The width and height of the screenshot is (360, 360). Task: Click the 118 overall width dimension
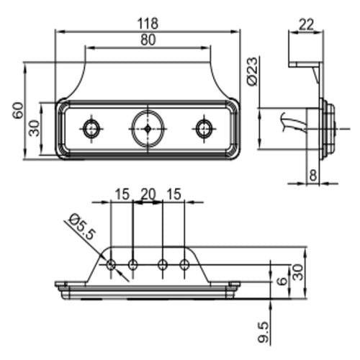148,23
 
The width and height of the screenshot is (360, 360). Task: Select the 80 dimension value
148,40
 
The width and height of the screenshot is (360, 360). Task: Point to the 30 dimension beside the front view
33,128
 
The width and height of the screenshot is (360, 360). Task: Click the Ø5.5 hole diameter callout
80,227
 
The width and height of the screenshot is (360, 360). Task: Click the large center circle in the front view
147,128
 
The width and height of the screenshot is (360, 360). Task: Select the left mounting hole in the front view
91,128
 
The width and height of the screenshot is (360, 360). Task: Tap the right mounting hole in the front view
204,128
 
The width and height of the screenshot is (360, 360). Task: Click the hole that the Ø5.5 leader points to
111,265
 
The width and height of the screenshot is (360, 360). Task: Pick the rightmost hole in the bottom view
185,265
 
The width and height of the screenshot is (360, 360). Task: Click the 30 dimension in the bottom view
298,272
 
